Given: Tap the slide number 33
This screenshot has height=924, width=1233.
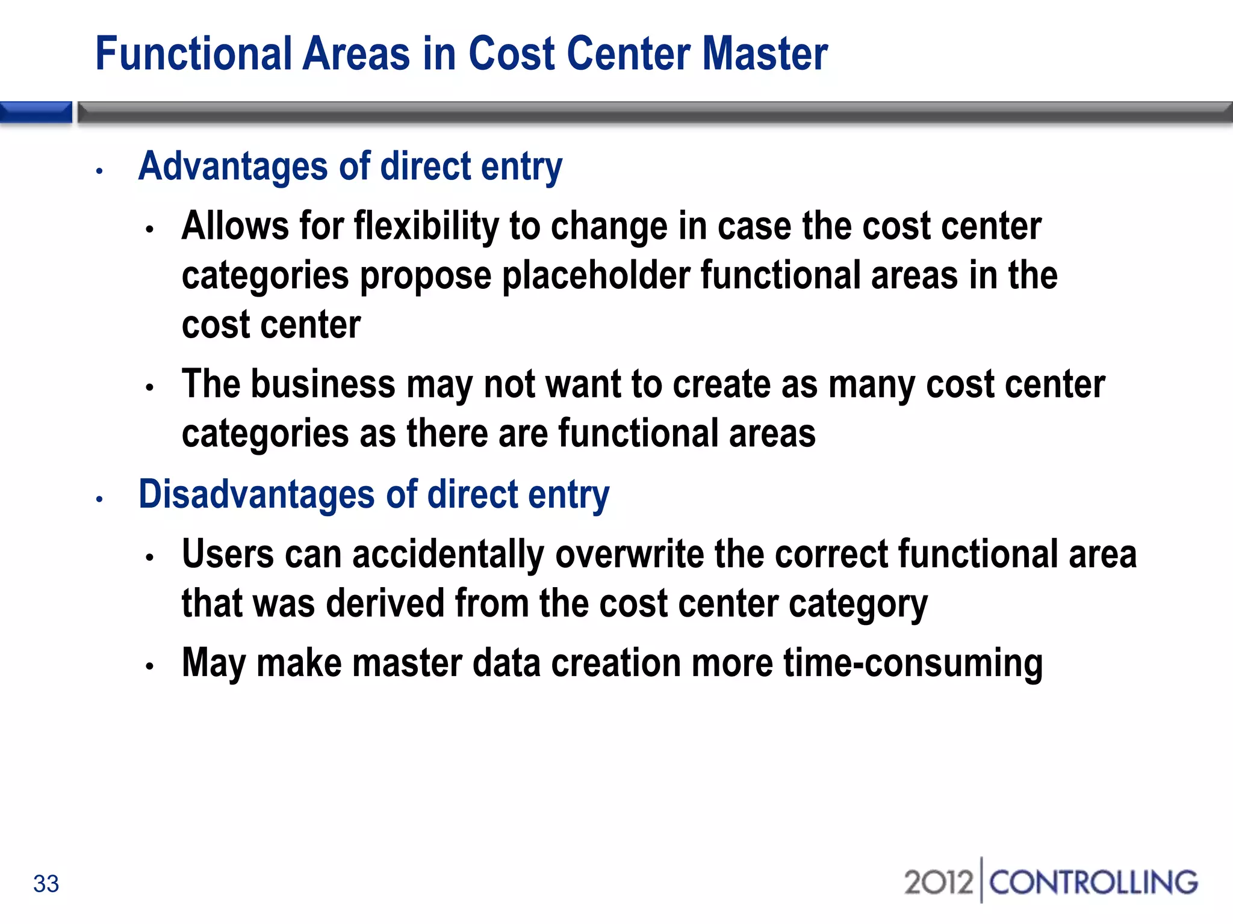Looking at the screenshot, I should pyautogui.click(x=46, y=884).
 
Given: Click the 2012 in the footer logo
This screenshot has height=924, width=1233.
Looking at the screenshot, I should pyautogui.click(x=938, y=882).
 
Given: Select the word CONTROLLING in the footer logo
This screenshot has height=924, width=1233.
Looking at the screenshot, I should pyautogui.click(x=1093, y=882).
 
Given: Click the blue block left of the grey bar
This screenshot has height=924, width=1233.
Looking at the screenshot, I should pyautogui.click(x=36, y=112).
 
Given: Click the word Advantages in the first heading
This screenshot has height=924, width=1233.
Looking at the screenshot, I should pyautogui.click(x=233, y=167).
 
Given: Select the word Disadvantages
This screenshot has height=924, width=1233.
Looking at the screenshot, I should pyautogui.click(x=256, y=494).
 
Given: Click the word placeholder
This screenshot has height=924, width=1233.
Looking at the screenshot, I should pyautogui.click(x=596, y=276).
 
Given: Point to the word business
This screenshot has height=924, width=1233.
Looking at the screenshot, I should pyautogui.click(x=323, y=384).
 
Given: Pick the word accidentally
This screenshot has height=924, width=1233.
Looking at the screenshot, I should pyautogui.click(x=448, y=555).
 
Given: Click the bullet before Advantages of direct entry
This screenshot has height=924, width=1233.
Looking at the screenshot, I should pyautogui.click(x=100, y=171).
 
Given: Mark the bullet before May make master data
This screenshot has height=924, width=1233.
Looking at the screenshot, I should pyautogui.click(x=150, y=667).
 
